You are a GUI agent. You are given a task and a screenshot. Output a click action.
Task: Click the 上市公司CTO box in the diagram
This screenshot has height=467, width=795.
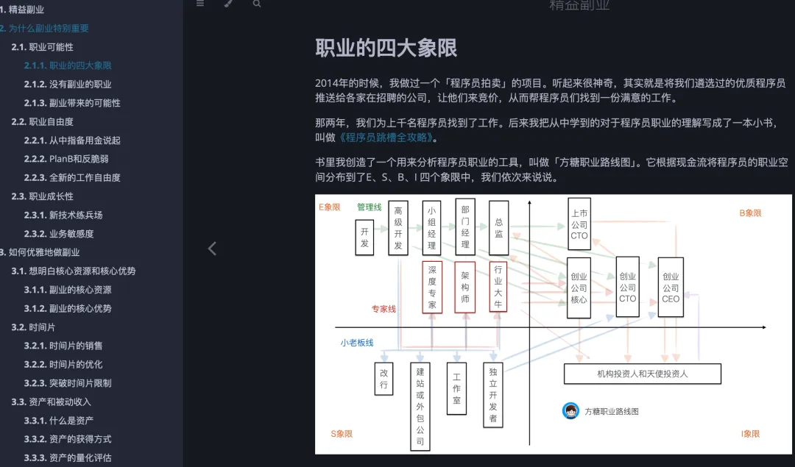579,224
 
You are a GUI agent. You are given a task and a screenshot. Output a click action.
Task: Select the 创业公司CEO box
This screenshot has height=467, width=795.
671,288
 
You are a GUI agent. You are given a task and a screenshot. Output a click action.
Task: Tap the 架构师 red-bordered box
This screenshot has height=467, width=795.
465,287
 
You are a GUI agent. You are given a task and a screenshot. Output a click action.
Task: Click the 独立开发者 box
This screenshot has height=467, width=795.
493,395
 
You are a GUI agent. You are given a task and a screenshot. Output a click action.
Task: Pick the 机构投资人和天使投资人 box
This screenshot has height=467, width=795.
642,374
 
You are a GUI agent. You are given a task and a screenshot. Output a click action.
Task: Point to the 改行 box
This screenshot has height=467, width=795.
384,378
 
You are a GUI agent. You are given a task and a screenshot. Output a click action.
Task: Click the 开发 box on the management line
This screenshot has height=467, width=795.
364,236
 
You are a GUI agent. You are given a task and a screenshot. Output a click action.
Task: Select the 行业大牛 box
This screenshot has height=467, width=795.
498,287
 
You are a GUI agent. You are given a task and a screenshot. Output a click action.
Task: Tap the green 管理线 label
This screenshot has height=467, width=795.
370,207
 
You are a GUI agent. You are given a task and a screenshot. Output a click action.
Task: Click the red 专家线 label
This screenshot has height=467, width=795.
384,309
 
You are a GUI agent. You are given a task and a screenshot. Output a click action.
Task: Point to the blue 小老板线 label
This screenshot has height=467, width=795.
357,343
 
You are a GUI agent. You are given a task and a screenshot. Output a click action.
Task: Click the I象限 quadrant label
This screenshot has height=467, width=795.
751,434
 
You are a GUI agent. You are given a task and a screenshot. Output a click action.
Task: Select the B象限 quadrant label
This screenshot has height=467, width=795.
750,213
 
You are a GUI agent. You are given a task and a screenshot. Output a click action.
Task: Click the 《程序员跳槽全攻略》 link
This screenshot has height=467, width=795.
387,138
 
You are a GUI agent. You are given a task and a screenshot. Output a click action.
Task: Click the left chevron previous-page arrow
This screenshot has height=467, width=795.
212,249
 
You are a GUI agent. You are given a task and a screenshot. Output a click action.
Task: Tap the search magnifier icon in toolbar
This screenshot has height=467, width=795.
257,4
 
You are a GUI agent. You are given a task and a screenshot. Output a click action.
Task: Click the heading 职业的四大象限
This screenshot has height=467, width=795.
386,48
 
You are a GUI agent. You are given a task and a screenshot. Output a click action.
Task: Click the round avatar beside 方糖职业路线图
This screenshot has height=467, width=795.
570,411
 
